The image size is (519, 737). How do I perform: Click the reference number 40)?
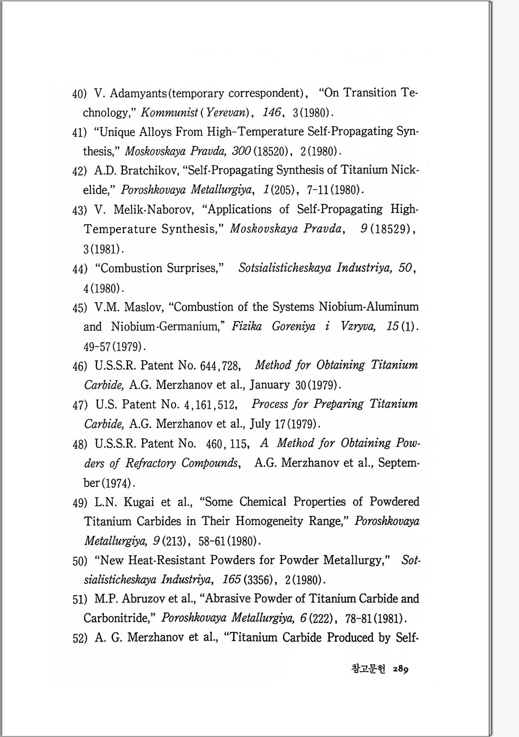click(x=79, y=94)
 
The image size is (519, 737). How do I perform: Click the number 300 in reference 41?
click(x=241, y=151)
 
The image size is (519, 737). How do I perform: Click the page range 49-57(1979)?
click(x=114, y=347)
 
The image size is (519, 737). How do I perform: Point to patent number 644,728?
click(x=221, y=366)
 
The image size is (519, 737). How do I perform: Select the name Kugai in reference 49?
click(x=139, y=502)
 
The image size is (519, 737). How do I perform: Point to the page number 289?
click(x=400, y=669)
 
